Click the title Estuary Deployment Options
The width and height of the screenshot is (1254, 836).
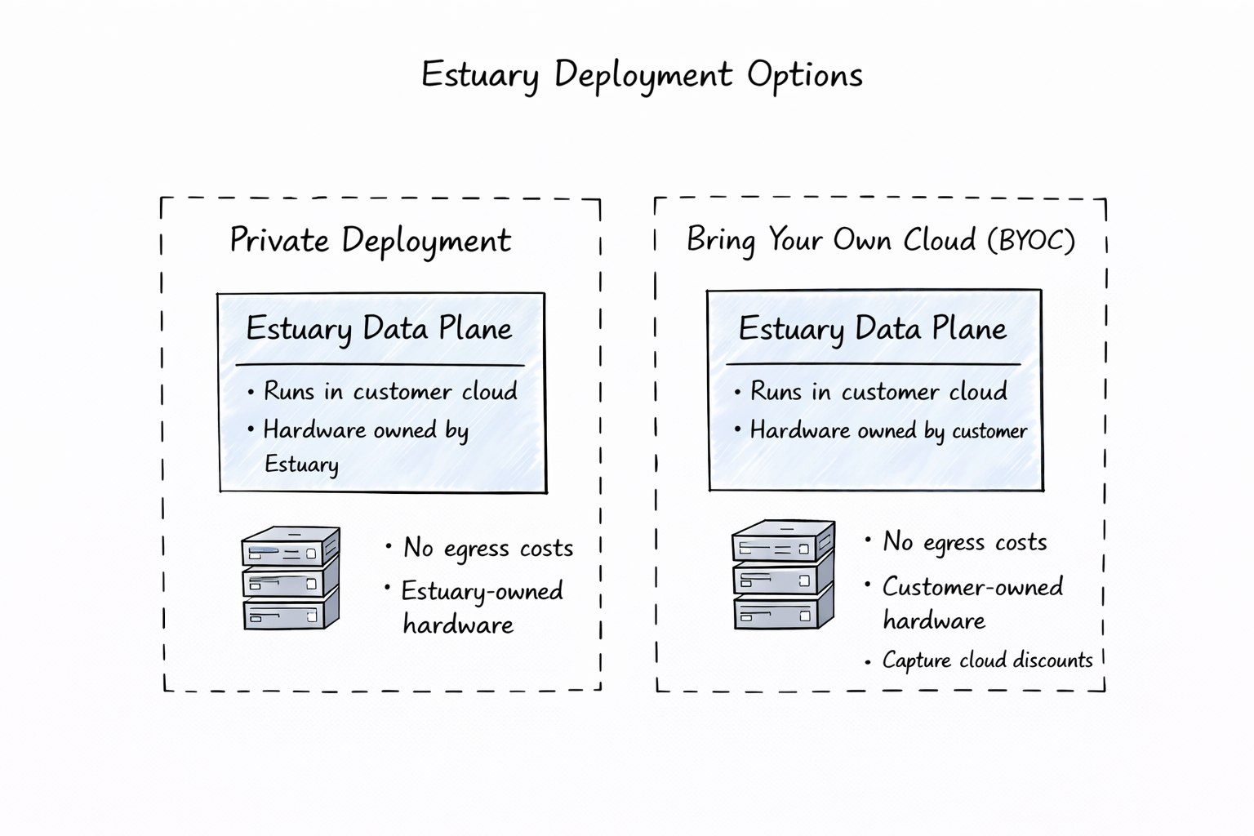coord(642,75)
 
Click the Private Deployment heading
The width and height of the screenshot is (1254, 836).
coord(370,241)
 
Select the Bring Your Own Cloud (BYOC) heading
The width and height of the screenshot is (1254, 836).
coord(880,240)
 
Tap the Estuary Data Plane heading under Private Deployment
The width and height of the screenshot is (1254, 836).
coord(379,329)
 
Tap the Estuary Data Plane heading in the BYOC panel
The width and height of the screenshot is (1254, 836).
coord(872,329)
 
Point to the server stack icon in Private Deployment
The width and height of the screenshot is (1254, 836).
coord(291,578)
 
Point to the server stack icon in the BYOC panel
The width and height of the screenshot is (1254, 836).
coord(783,575)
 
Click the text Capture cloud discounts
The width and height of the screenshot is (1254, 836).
coord(986,660)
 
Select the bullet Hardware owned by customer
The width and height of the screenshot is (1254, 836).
coord(887,430)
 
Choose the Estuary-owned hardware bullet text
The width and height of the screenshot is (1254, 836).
coord(481,607)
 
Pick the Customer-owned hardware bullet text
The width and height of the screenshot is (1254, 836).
coord(972,603)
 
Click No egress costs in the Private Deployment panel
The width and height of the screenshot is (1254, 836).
coord(487,548)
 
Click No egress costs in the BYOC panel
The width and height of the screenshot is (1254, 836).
coord(964,542)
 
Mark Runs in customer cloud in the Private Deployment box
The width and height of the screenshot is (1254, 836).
coord(389,392)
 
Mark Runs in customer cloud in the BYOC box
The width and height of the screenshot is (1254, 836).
coord(878,392)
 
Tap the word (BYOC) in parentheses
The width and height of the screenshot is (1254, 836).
coord(1030,240)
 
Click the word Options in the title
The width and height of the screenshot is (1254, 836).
coord(804,75)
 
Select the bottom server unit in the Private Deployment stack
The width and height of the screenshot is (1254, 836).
coord(291,612)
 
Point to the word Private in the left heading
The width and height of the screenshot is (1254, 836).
coord(279,241)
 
